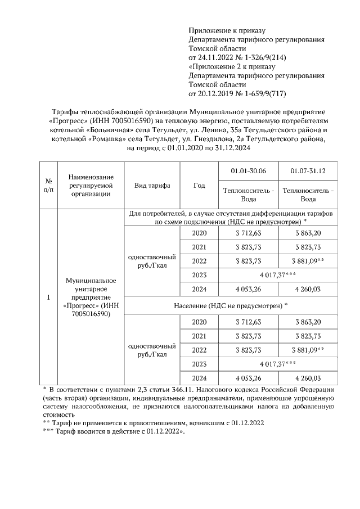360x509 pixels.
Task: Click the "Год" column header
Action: pyautogui.click(x=199, y=186)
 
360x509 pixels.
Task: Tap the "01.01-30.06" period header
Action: pyautogui.click(x=248, y=171)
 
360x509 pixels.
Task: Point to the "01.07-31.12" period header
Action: pyautogui.click(x=308, y=171)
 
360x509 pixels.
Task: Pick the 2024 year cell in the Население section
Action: pyautogui.click(x=199, y=378)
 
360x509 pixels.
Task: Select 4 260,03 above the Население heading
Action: pyautogui.click(x=308, y=290)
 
